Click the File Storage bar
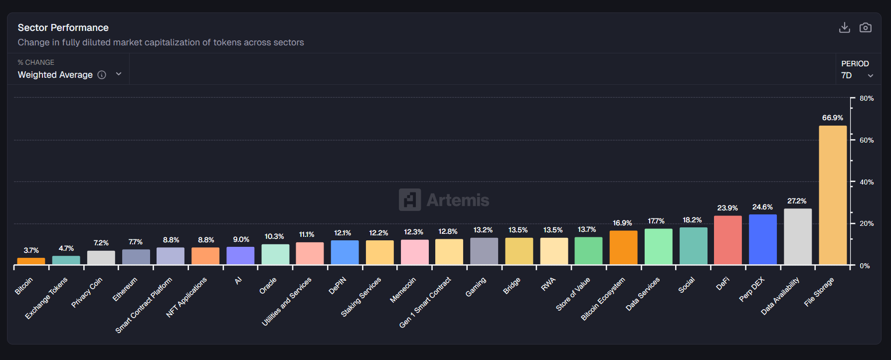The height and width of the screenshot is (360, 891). (x=833, y=195)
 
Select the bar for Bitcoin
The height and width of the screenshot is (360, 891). (x=31, y=261)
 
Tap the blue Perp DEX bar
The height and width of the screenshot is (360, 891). (x=763, y=239)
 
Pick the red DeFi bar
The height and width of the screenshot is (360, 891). (x=728, y=240)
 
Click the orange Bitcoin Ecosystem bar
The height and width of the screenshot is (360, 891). (x=623, y=247)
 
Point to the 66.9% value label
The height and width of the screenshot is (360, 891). (x=833, y=118)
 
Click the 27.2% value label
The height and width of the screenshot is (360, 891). (x=797, y=201)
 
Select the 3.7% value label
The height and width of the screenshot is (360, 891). (x=31, y=250)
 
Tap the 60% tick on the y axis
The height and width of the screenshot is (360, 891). (x=867, y=140)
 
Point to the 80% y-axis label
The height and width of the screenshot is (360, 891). (x=867, y=98)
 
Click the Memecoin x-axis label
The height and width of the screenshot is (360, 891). (x=403, y=290)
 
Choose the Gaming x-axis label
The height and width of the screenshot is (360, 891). (x=476, y=287)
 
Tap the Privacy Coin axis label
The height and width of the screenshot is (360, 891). (x=87, y=292)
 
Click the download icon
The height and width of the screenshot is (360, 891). (x=844, y=27)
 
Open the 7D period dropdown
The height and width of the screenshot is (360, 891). (x=857, y=75)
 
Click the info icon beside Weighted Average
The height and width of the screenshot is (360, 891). (x=102, y=75)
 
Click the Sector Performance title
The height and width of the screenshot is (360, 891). (x=63, y=27)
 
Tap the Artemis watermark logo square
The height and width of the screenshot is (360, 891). (x=410, y=200)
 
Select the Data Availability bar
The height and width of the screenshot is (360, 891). (x=798, y=236)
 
